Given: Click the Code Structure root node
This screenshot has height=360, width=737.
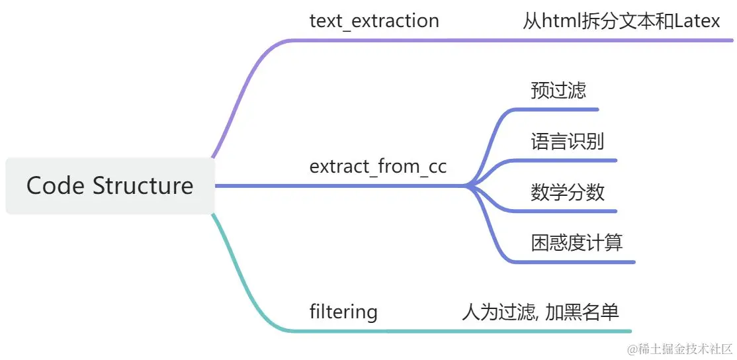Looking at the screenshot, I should [x=110, y=186].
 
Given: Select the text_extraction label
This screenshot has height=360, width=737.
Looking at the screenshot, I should [x=374, y=21].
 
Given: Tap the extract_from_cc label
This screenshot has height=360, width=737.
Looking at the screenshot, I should [x=378, y=166].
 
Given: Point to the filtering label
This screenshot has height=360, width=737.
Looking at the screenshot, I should [x=343, y=312].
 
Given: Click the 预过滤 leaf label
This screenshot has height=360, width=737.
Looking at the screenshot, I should [x=558, y=90].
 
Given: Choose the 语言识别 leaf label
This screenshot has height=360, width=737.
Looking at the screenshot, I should [x=567, y=141].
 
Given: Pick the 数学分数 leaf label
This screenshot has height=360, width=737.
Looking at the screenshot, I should [x=568, y=192].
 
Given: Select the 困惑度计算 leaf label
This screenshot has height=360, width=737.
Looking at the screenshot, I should [x=576, y=243].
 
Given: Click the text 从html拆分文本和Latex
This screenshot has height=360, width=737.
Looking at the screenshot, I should [x=621, y=21].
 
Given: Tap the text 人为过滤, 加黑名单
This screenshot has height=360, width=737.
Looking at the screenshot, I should [x=540, y=312].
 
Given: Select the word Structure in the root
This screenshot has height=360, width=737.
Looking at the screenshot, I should [x=143, y=186].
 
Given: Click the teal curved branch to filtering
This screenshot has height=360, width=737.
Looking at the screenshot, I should [x=245, y=285].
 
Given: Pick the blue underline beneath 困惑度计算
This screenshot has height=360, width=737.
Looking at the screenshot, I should [x=582, y=262].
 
